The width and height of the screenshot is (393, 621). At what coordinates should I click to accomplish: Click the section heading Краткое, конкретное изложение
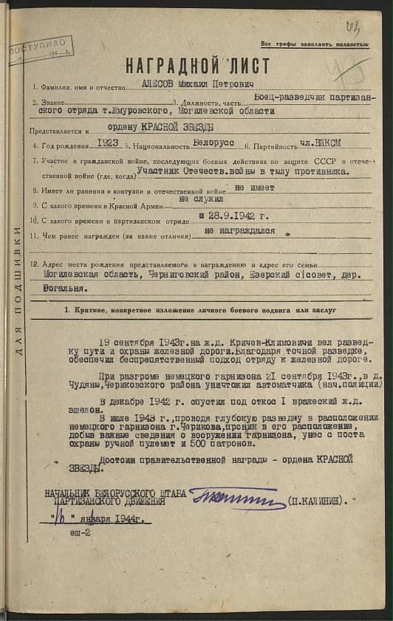coord(200,310)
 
